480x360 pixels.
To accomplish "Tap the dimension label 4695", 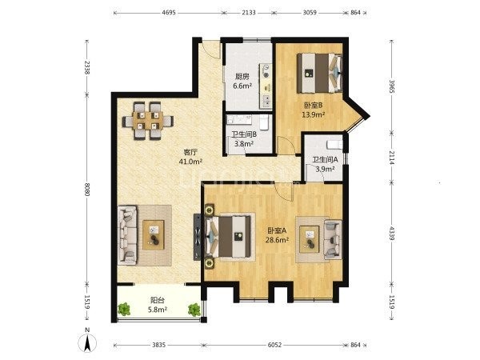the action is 169,13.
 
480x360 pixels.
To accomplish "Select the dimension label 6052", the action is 274,345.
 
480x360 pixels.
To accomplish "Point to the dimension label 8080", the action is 87,190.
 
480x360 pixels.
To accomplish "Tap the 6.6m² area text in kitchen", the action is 242,86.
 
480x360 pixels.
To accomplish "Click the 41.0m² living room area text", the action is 190,162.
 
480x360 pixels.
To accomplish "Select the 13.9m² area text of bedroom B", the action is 313,114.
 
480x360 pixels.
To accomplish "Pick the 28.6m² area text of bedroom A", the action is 277,240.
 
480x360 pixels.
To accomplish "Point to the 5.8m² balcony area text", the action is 158,310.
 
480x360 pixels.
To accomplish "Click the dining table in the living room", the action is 148,120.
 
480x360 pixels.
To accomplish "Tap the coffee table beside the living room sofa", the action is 154,235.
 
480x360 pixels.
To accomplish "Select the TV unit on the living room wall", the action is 198,237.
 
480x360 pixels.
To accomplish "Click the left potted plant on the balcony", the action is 124,309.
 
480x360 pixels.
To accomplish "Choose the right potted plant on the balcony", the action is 194,310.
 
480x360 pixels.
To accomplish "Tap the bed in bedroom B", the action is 320,73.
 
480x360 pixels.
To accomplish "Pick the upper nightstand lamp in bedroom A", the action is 210,210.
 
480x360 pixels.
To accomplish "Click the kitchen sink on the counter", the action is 266,99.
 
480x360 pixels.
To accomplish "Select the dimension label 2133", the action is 249,13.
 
